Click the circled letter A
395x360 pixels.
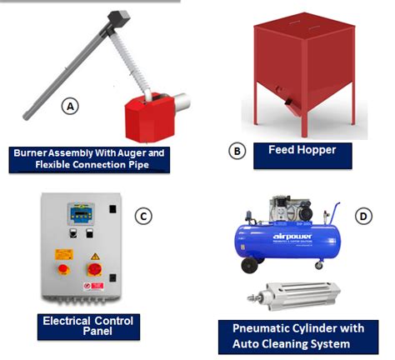(x=71, y=107)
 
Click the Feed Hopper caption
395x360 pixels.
(x=301, y=152)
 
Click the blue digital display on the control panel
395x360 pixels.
(x=81, y=214)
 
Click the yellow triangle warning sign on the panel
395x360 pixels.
(x=95, y=252)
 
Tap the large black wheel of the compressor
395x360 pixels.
(x=248, y=265)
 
